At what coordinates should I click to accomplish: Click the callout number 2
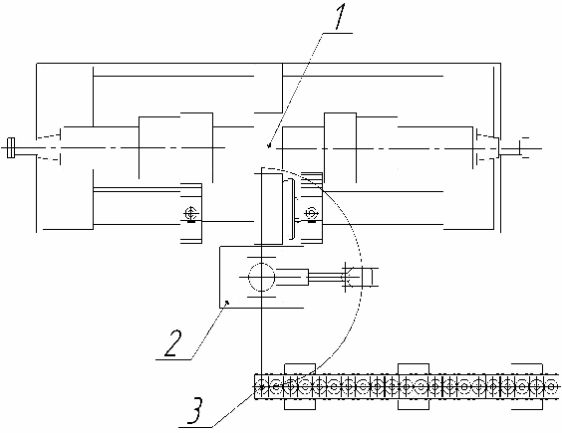click(173, 343)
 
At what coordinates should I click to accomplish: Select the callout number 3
click(195, 410)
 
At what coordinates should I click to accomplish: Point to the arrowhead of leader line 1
click(269, 144)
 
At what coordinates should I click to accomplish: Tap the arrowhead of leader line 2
click(226, 303)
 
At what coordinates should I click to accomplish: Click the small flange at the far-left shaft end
click(11, 148)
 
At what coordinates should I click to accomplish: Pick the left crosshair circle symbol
click(190, 214)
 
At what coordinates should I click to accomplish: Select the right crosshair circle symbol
click(311, 213)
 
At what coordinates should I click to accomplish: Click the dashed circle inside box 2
click(262, 277)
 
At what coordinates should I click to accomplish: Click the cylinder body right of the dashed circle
click(292, 277)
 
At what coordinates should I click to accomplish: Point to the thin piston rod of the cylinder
click(326, 277)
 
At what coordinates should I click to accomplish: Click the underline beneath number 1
click(337, 33)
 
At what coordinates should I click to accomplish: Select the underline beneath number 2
click(173, 359)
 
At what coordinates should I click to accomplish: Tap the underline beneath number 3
click(195, 427)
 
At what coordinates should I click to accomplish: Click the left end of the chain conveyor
click(255, 387)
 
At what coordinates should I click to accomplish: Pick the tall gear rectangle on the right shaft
click(340, 147)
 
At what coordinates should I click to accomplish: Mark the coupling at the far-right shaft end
click(523, 147)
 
